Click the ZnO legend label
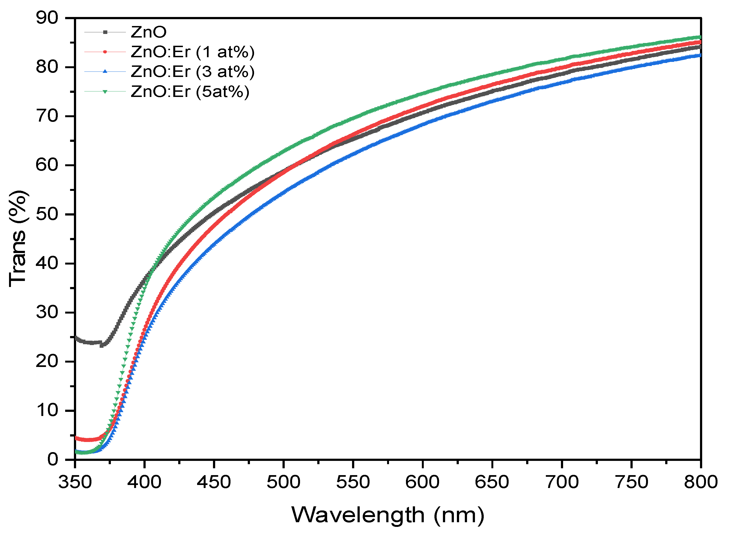pos(149,32)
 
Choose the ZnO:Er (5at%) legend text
pos(190,91)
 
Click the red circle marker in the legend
pos(105,52)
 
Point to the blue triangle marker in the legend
pos(105,71)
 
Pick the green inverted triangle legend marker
pos(105,91)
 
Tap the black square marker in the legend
pos(105,32)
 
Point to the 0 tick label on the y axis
pos(52,459)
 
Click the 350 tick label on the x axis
pos(75,482)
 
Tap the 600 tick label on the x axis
pos(422,482)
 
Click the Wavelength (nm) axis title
pos(388,515)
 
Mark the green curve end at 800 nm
pos(700,37)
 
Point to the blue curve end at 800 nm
pos(700,55)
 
